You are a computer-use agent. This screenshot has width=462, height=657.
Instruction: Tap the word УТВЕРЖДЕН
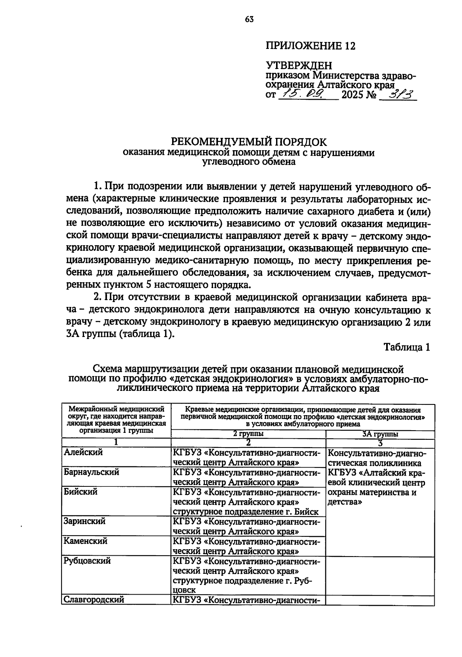point(299,65)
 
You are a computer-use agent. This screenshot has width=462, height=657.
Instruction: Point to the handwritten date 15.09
point(305,94)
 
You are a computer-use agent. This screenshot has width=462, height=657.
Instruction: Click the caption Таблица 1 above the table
point(407,347)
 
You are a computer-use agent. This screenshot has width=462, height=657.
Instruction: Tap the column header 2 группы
point(248,434)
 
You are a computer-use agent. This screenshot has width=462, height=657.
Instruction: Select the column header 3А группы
point(380,434)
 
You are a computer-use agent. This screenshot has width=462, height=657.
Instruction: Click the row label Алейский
point(83,453)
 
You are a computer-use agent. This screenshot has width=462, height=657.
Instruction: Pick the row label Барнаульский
point(91,472)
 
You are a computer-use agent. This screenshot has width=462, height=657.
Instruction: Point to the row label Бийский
point(80,492)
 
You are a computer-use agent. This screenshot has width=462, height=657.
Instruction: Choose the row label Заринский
point(84,521)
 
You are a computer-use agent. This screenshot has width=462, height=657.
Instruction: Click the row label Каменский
point(85,541)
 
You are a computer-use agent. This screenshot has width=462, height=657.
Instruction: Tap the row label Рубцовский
point(87,561)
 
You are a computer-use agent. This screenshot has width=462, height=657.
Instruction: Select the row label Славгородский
point(94,600)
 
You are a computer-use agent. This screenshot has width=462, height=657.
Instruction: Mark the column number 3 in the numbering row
point(380,443)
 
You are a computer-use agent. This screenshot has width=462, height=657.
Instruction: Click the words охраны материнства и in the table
point(372,493)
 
